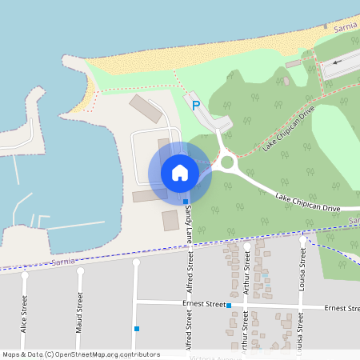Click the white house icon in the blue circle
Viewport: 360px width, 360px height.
(179, 173)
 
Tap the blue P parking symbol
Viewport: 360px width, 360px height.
(195, 104)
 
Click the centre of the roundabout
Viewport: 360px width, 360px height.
(227, 162)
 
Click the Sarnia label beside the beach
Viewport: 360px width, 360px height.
(345, 27)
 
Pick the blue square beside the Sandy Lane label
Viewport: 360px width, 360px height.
(186, 202)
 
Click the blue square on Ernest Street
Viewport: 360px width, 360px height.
(229, 306)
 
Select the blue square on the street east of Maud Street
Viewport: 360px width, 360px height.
(137, 328)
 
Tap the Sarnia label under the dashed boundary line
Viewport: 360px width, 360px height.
(61, 262)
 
